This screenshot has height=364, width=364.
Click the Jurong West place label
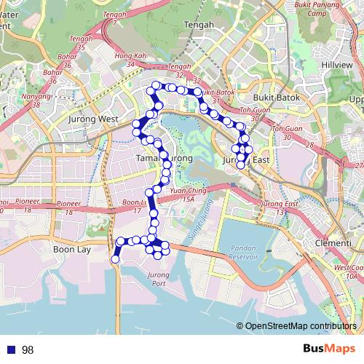(x=92, y=118)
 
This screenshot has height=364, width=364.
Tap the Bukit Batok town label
(x=272, y=95)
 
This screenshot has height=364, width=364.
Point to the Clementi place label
(x=333, y=242)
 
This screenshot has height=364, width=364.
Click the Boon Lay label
(x=71, y=249)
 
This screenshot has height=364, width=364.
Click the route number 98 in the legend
(x=28, y=350)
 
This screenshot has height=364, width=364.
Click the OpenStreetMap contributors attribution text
(x=301, y=327)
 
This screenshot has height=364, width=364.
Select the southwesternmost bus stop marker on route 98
(x=115, y=259)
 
